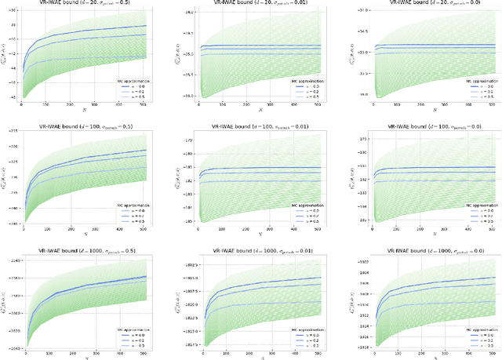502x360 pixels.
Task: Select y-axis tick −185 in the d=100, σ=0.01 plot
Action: click(x=185, y=222)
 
